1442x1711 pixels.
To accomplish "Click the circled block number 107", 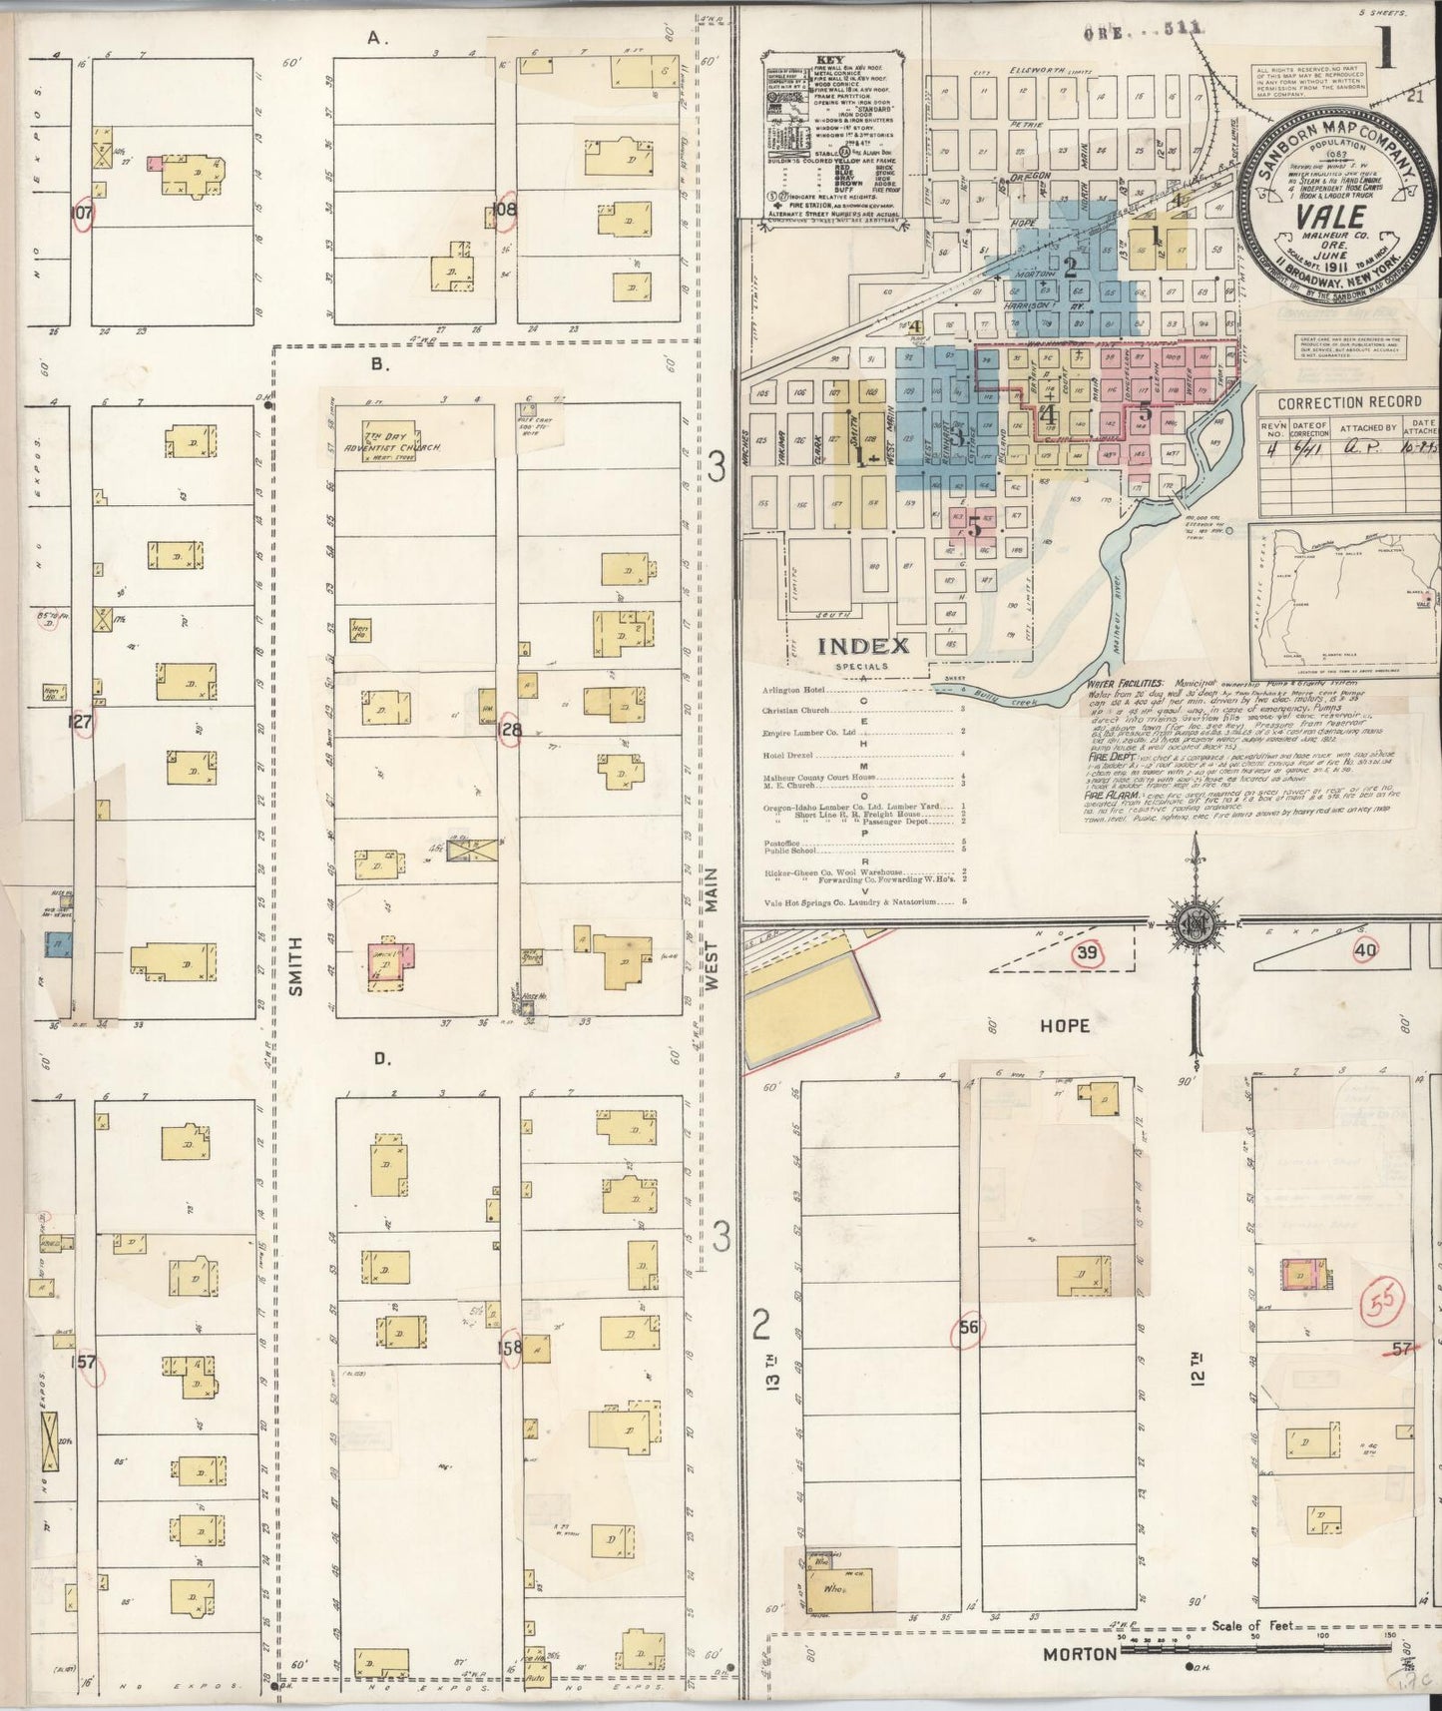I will (x=83, y=214).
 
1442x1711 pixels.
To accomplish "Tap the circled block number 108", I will (x=506, y=210).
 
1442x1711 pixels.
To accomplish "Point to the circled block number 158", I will (x=510, y=1348).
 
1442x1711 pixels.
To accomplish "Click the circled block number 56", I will (x=967, y=1328).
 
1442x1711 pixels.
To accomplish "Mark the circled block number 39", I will (x=1087, y=953).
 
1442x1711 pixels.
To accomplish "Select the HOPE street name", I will (x=1065, y=1025).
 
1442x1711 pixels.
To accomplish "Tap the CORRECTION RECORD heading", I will (x=1349, y=401).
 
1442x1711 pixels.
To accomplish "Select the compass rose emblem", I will (x=1194, y=922).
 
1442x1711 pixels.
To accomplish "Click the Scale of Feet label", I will (x=1252, y=1625).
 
